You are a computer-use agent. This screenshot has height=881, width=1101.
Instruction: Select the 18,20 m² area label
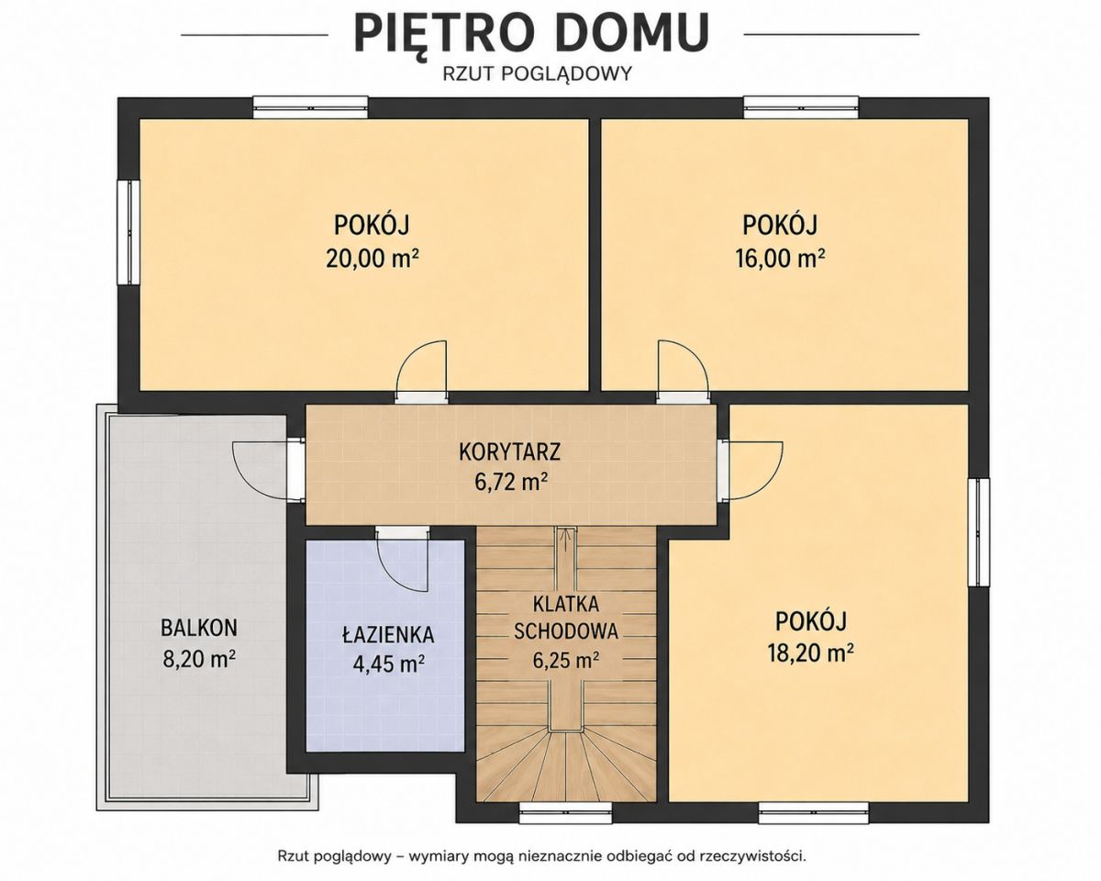click(x=810, y=652)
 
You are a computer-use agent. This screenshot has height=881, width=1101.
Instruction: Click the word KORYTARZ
click(x=509, y=452)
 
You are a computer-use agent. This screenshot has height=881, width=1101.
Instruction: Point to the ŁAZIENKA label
click(x=388, y=635)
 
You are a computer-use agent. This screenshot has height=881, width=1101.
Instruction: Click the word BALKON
click(x=199, y=628)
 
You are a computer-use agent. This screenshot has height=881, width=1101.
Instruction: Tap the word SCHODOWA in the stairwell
click(x=566, y=631)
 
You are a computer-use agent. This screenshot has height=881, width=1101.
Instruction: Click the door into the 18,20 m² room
click(x=756, y=469)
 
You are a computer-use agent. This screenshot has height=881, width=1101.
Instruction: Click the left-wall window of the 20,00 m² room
click(x=128, y=231)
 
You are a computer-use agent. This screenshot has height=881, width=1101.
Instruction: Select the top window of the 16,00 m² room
click(x=801, y=107)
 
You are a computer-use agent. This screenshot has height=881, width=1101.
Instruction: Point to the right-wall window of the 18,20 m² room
click(x=979, y=532)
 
